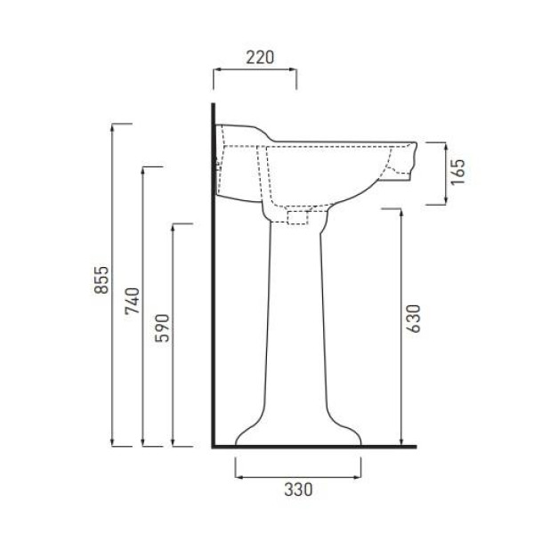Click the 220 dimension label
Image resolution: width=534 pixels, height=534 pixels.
(260, 58)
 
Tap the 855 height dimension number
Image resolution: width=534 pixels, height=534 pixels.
(101, 280)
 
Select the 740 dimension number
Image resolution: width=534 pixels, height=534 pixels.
(132, 301)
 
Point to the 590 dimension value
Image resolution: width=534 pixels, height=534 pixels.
(162, 328)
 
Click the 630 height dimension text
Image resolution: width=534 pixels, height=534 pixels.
(414, 319)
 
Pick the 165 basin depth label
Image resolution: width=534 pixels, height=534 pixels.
(457, 173)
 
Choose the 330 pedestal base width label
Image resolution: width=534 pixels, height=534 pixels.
(298, 489)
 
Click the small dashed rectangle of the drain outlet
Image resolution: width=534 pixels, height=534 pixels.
(297, 218)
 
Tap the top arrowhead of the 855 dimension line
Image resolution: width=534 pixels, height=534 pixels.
(112, 126)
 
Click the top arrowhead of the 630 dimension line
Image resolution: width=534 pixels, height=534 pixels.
(401, 212)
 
